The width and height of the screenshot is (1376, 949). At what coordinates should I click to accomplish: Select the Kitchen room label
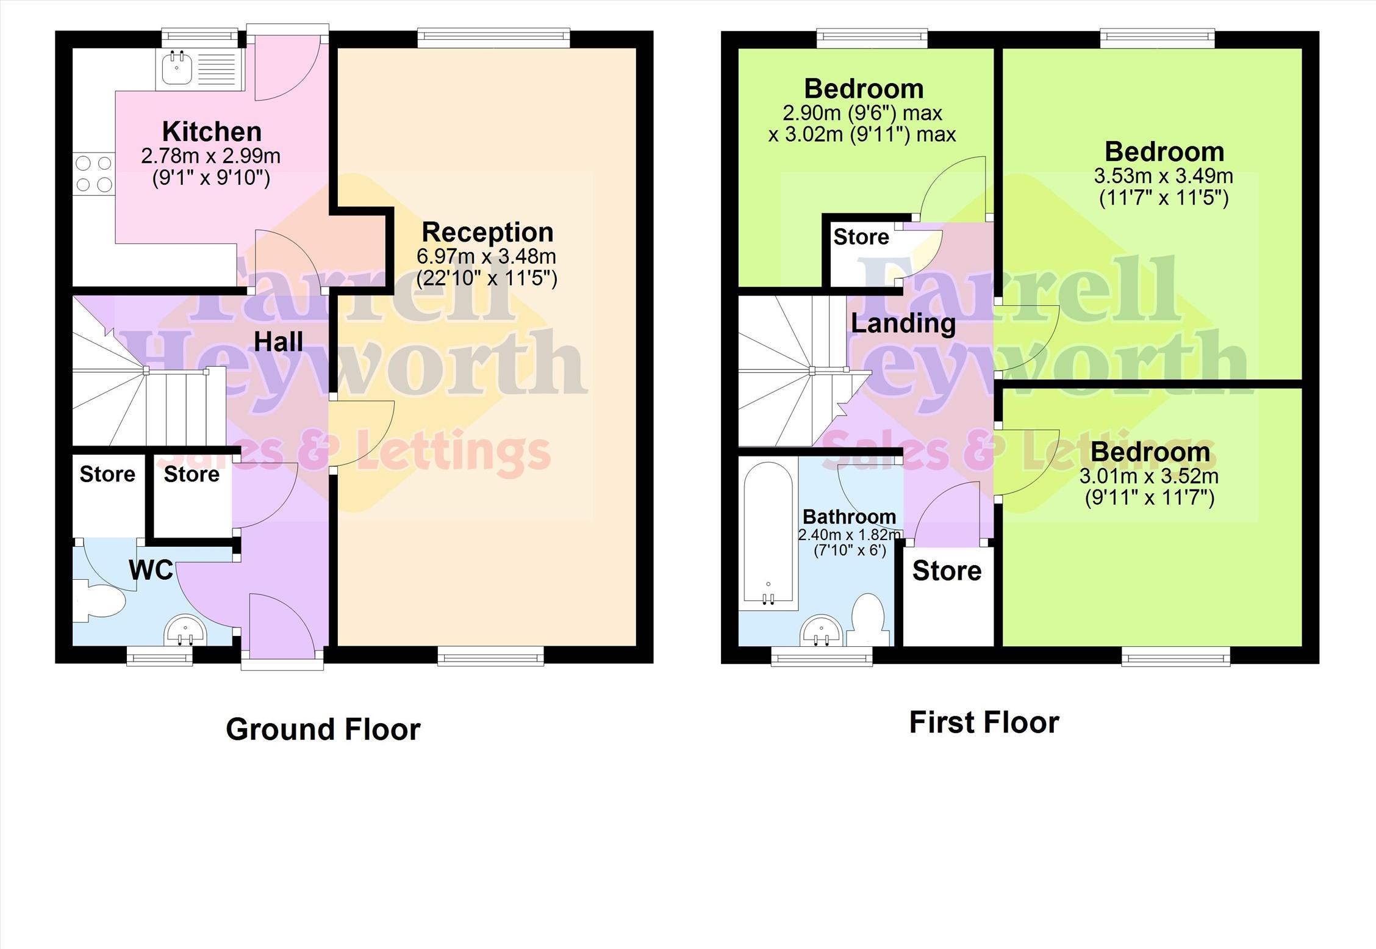pos(212,132)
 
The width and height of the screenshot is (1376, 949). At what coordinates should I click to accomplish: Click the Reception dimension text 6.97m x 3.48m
pos(486,256)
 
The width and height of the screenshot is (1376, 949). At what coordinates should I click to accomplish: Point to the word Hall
pos(278,342)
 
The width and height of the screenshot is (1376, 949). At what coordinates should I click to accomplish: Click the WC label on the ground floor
pos(151,570)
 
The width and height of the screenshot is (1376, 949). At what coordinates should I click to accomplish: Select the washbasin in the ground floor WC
pos(186,631)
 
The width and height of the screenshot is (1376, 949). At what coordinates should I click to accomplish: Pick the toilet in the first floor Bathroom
pos(867,620)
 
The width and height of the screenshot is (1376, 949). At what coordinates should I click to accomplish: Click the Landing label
pos(903,323)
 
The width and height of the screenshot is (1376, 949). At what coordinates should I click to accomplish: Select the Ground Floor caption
pos(323,729)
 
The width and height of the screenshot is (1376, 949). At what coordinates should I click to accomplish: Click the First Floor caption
pos(984,723)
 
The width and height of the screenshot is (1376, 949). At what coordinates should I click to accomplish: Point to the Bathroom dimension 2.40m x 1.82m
pos(850,535)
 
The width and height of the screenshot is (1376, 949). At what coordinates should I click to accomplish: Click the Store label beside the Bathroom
pos(947,571)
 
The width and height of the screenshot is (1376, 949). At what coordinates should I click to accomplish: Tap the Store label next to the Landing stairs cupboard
pos(861,237)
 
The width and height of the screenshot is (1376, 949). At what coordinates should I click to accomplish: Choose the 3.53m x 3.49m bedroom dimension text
pos(1163,176)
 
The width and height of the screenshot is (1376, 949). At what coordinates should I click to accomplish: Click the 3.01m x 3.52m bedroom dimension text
pos(1149,476)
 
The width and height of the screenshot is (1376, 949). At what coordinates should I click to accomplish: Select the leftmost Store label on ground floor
pos(107,474)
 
